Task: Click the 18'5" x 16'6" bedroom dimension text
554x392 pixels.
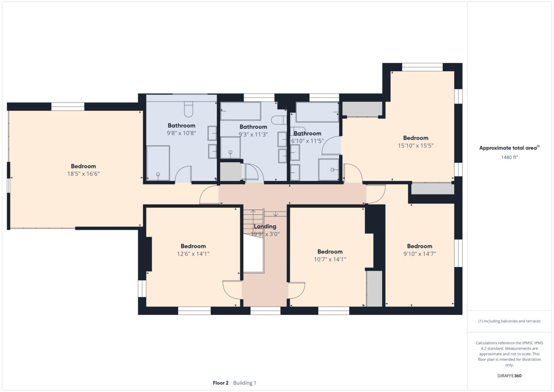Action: coord(83,174)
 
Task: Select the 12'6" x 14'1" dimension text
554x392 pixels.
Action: coord(193,254)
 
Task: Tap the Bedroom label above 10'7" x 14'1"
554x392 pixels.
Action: coord(330,252)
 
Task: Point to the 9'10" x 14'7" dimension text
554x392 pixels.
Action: coord(419,254)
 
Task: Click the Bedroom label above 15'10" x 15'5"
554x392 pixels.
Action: coord(415,138)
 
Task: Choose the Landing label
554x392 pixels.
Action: coord(265,226)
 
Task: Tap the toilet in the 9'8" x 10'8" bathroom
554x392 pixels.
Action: coord(188,109)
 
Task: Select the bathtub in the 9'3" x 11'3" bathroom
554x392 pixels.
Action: coord(241,111)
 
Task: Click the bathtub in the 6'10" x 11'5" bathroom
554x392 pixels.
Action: coord(317,112)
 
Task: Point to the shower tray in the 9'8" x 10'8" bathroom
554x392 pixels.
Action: coord(158,163)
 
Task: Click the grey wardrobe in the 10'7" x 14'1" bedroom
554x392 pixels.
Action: coord(374,289)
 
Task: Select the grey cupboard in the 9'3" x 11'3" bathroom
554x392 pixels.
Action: coord(230,171)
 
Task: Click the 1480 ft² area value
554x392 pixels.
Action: coord(510,157)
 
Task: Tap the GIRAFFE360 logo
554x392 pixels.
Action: coord(510,375)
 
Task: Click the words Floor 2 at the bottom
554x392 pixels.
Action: coord(220,383)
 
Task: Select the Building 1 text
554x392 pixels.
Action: coord(245,383)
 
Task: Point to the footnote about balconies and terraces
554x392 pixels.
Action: coord(509,321)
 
